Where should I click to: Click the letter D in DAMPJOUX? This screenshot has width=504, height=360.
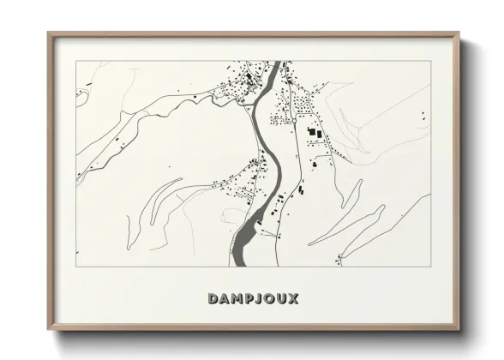point(212,299)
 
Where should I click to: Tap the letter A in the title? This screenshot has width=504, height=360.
point(224,299)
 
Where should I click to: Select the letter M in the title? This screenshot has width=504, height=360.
point(236,299)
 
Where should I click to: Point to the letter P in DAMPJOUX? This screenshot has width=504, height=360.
point(248,299)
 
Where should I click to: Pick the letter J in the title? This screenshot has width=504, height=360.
point(258,299)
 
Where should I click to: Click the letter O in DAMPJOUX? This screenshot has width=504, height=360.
point(268,299)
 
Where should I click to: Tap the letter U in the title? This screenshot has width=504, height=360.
point(280,299)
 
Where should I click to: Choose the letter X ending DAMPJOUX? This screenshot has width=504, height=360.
point(293,299)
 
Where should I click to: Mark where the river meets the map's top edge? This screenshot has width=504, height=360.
point(276,63)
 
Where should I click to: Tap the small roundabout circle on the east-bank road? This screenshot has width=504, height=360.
point(293,122)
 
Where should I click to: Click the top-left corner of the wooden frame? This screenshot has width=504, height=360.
point(48,33)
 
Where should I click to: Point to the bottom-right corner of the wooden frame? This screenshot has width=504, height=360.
point(460,330)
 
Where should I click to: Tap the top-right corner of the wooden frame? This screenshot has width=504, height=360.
point(460,33)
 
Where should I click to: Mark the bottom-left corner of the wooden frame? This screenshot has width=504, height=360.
point(48,330)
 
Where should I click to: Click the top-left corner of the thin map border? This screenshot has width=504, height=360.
point(76,62)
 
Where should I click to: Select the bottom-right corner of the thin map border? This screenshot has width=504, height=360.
point(431,267)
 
